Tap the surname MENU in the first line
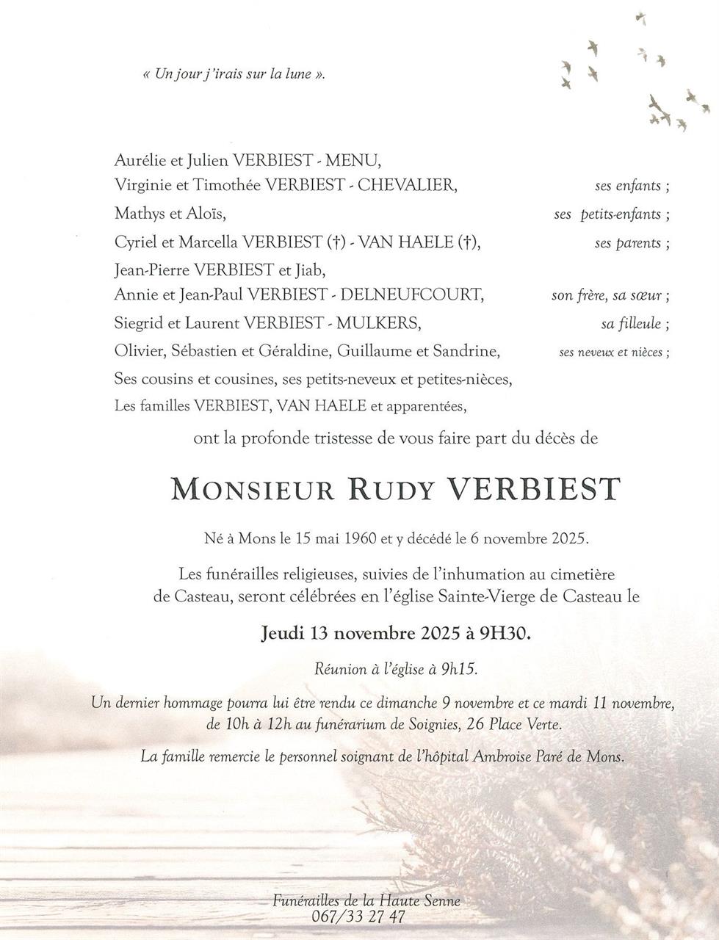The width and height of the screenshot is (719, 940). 355,159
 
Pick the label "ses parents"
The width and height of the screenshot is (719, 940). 629,243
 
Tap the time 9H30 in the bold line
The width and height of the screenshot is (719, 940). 505,632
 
